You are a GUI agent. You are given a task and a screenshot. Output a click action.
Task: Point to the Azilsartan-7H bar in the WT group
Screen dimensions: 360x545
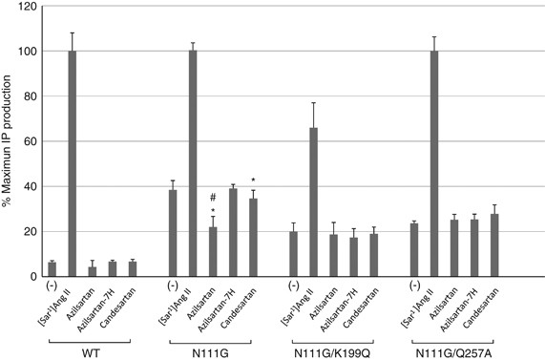112,268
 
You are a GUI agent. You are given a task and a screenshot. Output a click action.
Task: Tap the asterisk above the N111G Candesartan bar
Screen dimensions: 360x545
253,180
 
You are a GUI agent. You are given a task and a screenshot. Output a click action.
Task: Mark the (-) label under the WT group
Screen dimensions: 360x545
52,286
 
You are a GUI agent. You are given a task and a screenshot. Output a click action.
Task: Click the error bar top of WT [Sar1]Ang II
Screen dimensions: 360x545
72,33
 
